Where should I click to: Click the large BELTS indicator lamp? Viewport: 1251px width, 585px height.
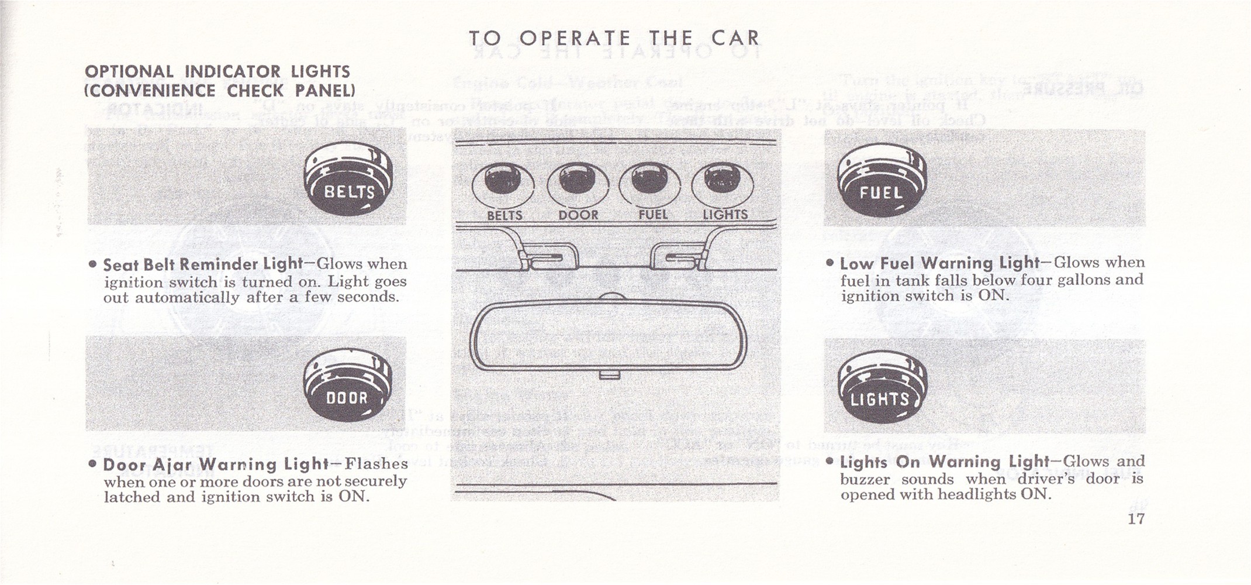click(348, 181)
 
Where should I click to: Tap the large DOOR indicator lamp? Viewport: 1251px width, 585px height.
click(347, 387)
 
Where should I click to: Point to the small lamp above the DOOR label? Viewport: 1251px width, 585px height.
click(577, 182)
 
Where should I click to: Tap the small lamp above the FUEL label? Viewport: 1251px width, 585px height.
click(649, 182)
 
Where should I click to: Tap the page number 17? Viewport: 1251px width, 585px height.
click(1136, 519)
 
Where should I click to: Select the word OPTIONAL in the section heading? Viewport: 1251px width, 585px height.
click(129, 72)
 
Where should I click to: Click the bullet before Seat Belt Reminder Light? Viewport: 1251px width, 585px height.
click(92, 264)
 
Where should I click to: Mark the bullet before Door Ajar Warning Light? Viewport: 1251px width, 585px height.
click(92, 464)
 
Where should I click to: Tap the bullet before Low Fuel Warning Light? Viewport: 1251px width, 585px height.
click(830, 263)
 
